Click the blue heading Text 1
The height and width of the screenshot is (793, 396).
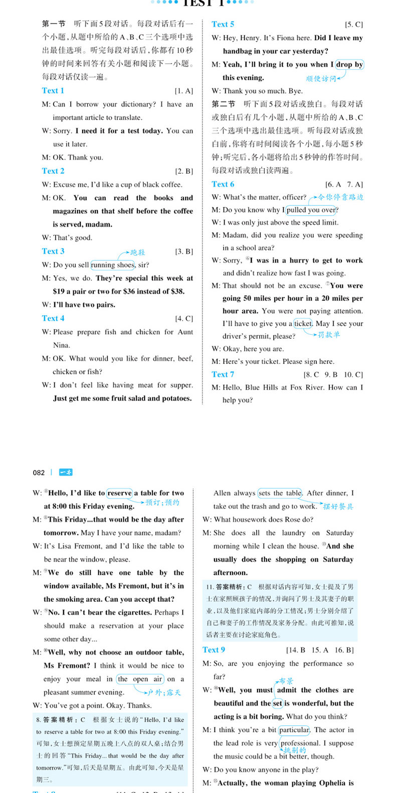coord(53,90)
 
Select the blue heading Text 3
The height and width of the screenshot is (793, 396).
coord(53,251)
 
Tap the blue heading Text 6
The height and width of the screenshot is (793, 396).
coord(223,184)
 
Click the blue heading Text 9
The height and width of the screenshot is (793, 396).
coord(214,649)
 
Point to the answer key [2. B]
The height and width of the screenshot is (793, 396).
coord(184,171)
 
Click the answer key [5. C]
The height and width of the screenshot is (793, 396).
coord(353,24)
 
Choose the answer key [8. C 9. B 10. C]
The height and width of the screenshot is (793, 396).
coord(333,374)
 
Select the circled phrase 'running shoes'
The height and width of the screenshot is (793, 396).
coord(113,265)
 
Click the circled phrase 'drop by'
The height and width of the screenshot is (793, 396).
coord(349,64)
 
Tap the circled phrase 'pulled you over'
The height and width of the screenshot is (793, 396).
coord(311,210)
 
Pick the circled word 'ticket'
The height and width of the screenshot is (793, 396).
coord(303,323)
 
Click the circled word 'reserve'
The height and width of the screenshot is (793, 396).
coord(119,493)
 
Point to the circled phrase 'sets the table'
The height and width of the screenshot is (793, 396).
coord(280,493)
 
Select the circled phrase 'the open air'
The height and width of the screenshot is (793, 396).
coord(140,679)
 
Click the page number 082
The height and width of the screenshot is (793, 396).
coord(39,472)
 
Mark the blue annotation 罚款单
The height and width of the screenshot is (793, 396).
coord(329,335)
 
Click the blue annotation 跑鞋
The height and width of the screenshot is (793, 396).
coord(137,252)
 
